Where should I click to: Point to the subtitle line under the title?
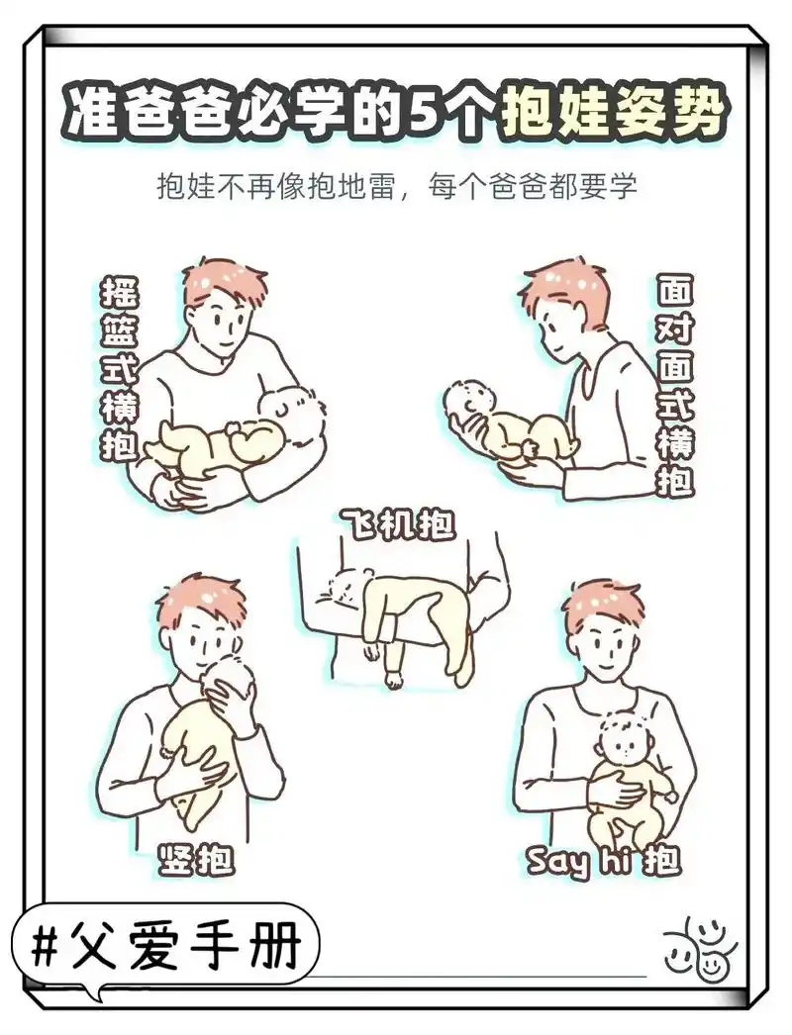[x=396, y=187]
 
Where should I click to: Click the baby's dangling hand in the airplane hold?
[x=395, y=679]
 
